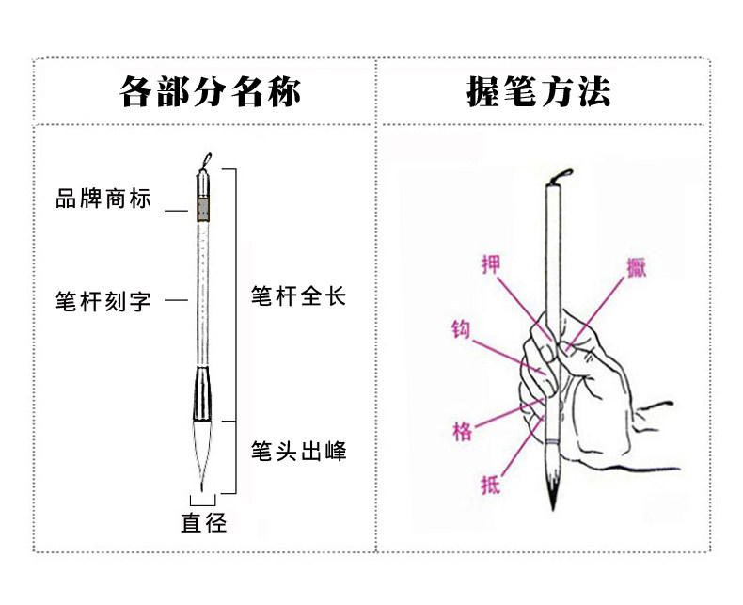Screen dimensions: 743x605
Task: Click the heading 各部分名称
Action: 211,92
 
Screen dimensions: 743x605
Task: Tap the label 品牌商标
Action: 103,200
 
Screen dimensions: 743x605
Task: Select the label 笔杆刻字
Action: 103,302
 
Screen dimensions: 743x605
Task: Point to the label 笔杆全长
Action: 299,297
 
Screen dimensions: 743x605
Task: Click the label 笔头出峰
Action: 299,453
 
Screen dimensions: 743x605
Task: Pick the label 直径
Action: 204,523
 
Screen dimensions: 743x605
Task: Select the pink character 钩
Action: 460,331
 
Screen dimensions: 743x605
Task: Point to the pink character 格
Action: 462,432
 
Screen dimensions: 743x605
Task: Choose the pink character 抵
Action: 490,486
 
